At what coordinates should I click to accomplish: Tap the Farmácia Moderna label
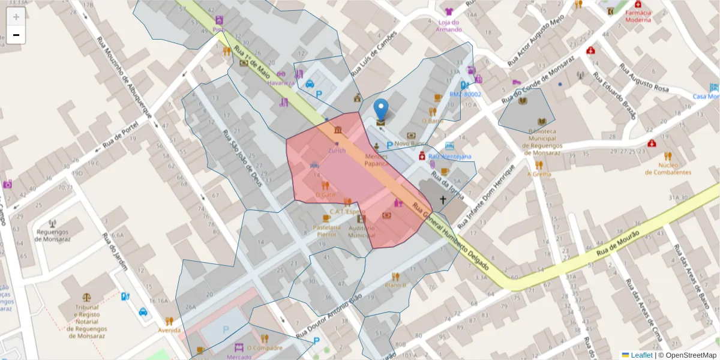click(638, 16)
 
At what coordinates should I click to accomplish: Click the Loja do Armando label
click(449, 26)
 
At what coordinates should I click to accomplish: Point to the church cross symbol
click(443, 200)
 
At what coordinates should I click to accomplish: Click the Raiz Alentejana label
click(450, 157)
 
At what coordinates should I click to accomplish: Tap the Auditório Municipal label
click(361, 232)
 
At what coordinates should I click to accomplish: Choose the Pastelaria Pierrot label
click(327, 231)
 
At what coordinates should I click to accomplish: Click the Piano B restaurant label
click(395, 285)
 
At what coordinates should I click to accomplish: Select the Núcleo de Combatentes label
click(668, 169)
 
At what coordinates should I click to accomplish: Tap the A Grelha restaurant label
click(539, 174)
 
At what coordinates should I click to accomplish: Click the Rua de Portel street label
click(120, 135)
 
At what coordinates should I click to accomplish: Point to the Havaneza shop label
click(281, 83)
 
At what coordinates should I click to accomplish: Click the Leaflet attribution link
click(641, 355)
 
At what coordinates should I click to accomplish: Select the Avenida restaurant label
click(169, 330)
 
